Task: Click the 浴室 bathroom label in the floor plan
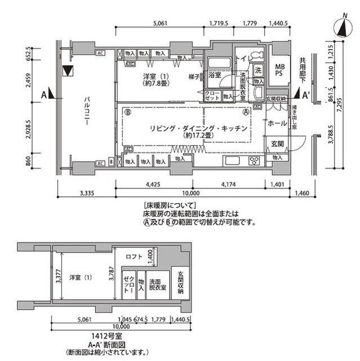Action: [215, 74]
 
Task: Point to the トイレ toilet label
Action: [242, 58]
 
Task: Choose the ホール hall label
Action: [277, 124]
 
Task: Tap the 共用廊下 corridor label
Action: [303, 68]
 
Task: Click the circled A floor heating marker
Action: [245, 112]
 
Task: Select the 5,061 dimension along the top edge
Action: [161, 24]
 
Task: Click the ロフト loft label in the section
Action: [134, 257]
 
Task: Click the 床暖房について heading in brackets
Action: [170, 205]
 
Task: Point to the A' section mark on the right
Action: [306, 95]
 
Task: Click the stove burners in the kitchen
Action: [253, 161]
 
